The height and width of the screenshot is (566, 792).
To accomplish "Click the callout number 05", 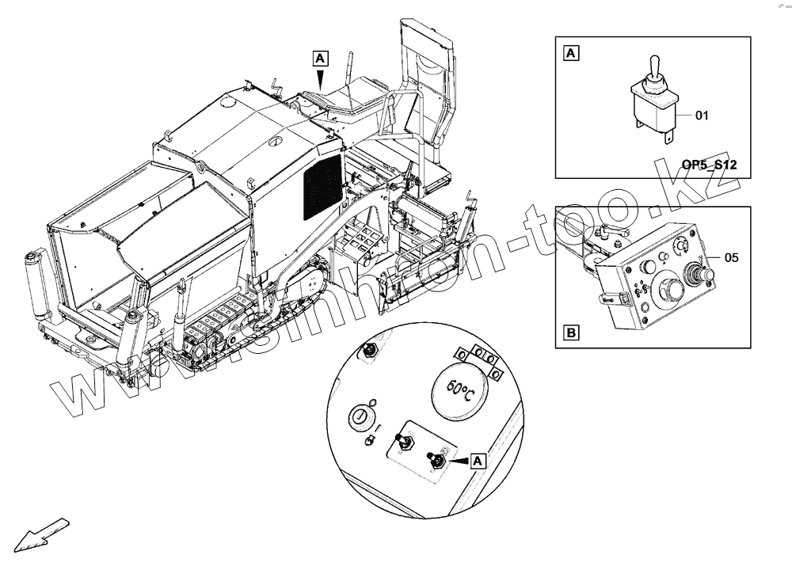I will [x=731, y=257].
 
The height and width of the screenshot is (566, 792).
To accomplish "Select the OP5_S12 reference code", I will [x=710, y=165].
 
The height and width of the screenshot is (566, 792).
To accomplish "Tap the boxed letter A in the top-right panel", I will [x=570, y=54].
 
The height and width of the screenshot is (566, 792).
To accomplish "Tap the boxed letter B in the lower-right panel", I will [x=570, y=332].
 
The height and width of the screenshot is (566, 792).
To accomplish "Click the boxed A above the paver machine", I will [x=319, y=58].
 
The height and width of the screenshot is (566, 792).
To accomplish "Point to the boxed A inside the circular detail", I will [x=478, y=459].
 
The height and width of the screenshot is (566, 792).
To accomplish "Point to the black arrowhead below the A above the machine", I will [x=319, y=80].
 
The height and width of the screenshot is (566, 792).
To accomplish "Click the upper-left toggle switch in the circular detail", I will [x=368, y=351].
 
